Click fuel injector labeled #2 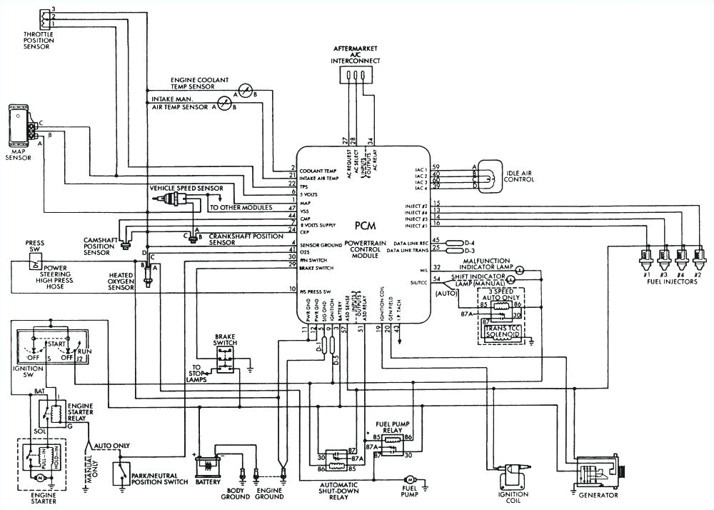tap(699, 256)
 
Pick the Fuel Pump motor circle tap(409, 477)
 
